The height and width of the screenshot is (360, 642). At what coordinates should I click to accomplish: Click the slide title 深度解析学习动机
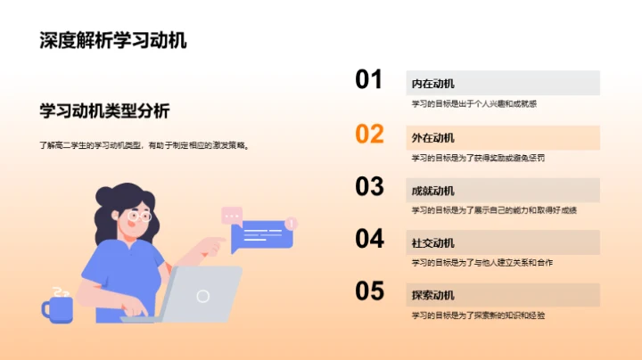click(x=113, y=40)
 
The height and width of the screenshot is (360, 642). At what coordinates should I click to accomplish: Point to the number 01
click(x=369, y=80)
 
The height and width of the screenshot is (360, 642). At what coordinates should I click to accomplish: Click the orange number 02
click(x=369, y=134)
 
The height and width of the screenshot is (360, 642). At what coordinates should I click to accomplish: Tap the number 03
click(x=369, y=186)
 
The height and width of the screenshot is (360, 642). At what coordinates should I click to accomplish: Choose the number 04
click(x=369, y=239)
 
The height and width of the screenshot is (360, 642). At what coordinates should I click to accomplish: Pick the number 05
click(x=369, y=291)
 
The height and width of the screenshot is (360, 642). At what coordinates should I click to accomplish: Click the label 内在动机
click(x=432, y=84)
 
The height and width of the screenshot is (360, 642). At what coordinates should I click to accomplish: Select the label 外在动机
click(x=432, y=138)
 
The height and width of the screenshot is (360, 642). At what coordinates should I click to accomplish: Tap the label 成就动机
click(x=432, y=191)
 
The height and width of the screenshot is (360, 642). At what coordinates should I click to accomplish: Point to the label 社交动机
click(x=432, y=243)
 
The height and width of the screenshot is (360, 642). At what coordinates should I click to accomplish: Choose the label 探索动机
click(x=432, y=296)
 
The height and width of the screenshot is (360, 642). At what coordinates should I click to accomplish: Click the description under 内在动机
click(x=473, y=104)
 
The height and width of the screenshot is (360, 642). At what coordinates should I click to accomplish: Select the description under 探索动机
click(x=478, y=315)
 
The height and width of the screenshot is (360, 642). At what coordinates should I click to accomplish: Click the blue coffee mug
click(x=58, y=308)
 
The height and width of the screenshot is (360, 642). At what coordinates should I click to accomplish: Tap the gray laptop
click(x=201, y=295)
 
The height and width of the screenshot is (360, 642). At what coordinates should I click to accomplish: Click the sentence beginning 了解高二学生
click(x=144, y=144)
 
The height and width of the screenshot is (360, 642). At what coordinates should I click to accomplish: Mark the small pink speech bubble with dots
click(x=232, y=215)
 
